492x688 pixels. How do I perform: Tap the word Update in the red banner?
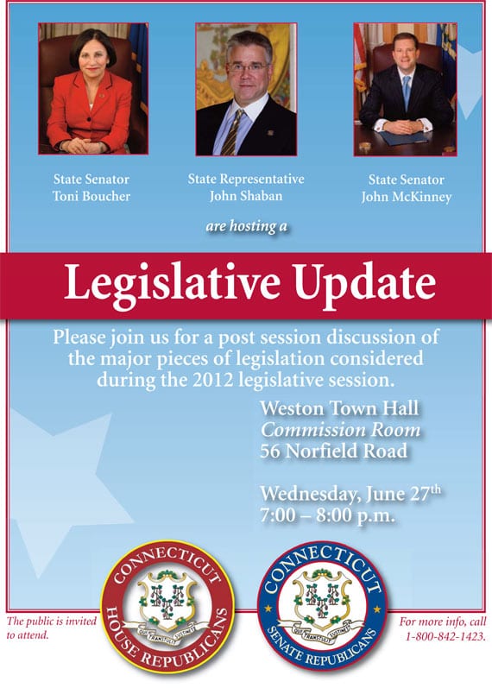coord(365,284)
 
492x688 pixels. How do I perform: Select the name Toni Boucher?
coord(91,196)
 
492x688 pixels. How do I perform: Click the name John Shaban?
coord(246,196)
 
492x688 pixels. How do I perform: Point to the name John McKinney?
coord(407,197)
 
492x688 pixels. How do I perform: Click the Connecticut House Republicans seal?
coord(167,607)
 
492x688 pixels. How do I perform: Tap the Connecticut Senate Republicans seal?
coord(323,605)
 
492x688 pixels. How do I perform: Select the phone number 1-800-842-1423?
coord(445,636)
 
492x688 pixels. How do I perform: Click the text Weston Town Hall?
coord(339,408)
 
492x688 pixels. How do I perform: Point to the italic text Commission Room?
coord(341,430)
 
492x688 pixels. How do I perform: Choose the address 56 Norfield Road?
coord(334,451)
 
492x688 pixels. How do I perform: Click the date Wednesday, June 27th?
coord(350,493)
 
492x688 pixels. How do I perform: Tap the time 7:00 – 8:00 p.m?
coord(327,515)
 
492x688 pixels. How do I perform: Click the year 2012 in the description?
coord(212,380)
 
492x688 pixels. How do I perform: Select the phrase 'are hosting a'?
coord(246,226)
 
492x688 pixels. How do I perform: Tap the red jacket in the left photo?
coord(90,113)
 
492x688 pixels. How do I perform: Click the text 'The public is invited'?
coord(51,622)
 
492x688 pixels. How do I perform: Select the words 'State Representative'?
coord(246,179)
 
